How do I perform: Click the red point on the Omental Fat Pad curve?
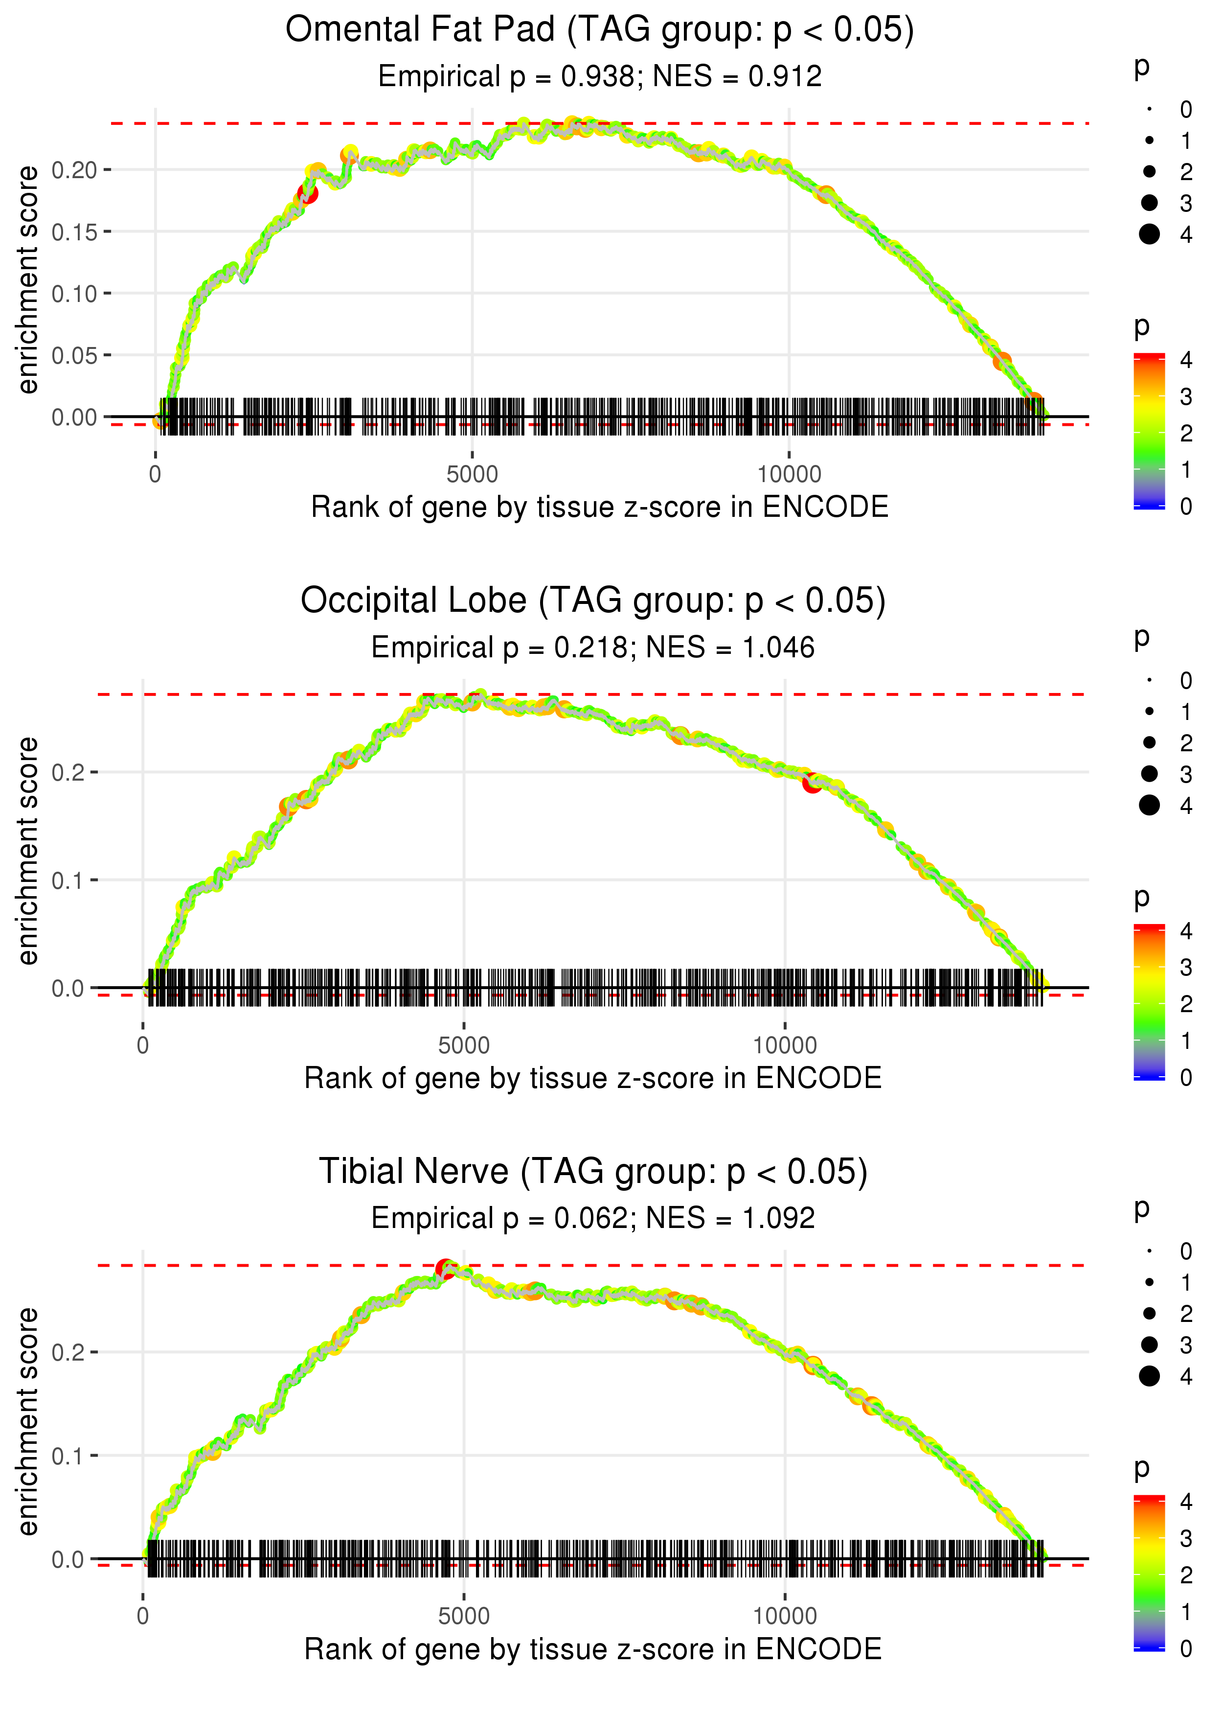[x=307, y=194]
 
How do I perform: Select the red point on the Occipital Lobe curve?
[x=811, y=784]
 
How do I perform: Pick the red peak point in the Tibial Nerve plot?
[x=445, y=1269]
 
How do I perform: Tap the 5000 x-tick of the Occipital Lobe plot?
[x=463, y=1045]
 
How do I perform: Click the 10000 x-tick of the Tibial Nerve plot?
[x=785, y=1617]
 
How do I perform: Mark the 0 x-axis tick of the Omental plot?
[x=155, y=475]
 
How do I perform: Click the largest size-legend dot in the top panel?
[x=1149, y=234]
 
